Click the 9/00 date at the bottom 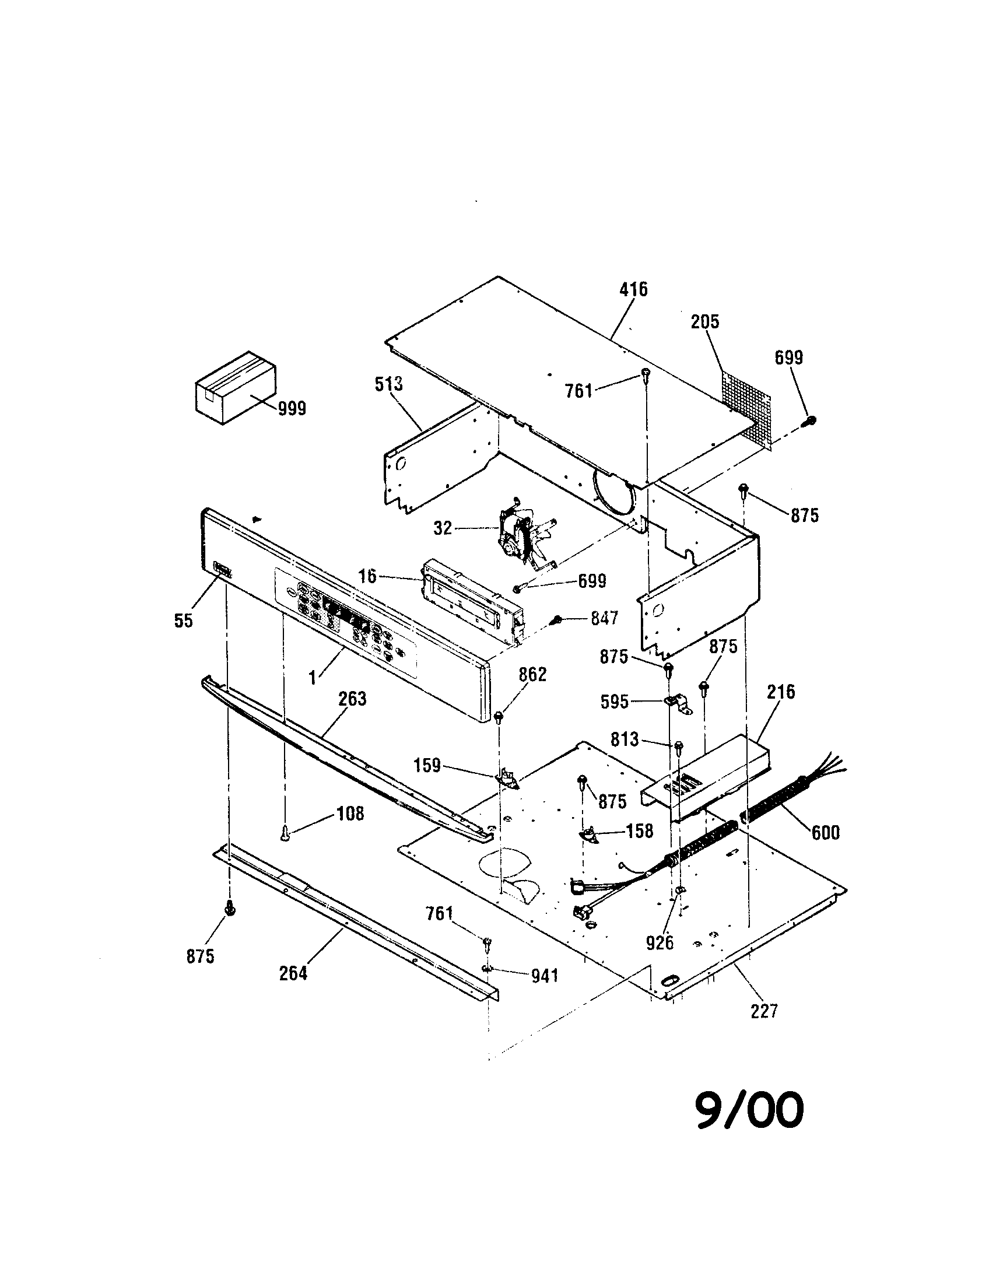pyautogui.click(x=749, y=1110)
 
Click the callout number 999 pyautogui.click(x=292, y=409)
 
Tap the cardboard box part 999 pyautogui.click(x=236, y=388)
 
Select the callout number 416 pyautogui.click(x=634, y=289)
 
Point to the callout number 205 pyautogui.click(x=705, y=321)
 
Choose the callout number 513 pyautogui.click(x=389, y=384)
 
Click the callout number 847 pyautogui.click(x=604, y=618)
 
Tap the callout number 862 pyautogui.click(x=532, y=674)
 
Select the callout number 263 pyautogui.click(x=352, y=699)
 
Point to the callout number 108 pyautogui.click(x=350, y=814)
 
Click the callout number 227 pyautogui.click(x=763, y=1011)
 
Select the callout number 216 pyautogui.click(x=781, y=692)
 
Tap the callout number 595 pyautogui.click(x=615, y=702)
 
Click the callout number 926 pyautogui.click(x=660, y=943)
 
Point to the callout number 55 pyautogui.click(x=184, y=621)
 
